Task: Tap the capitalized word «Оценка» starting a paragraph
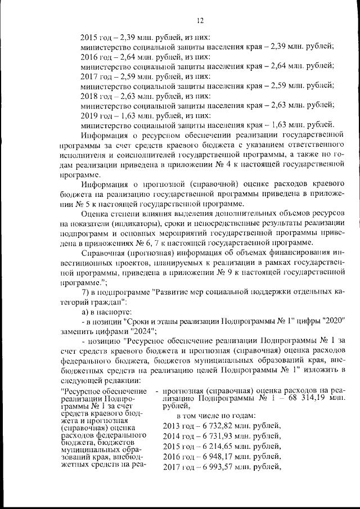pyautogui.click(x=94, y=215)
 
